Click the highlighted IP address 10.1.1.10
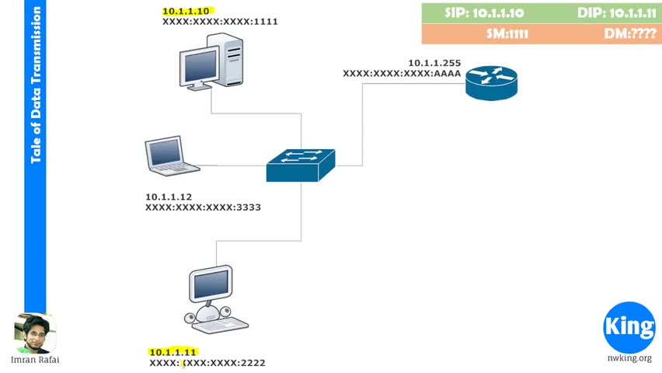coord(186,12)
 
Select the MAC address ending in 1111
coord(220,23)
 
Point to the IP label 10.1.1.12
coord(168,197)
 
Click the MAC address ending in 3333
coord(203,208)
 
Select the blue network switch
coord(301,164)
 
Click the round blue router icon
coord(491,81)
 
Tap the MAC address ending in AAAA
coord(402,73)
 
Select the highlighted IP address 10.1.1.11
coord(173,353)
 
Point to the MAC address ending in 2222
coord(207,363)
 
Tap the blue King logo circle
coord(629,327)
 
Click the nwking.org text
coord(629,359)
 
